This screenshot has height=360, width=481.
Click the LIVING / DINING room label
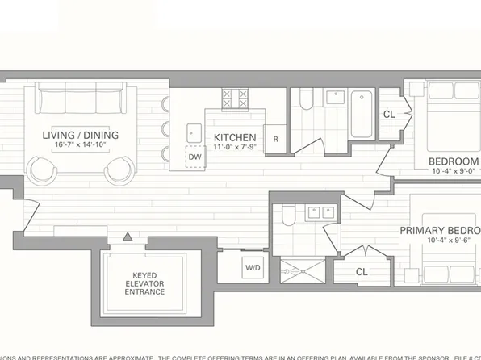86,134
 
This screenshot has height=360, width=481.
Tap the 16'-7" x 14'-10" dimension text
86,145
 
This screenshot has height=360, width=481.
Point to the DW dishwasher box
194,157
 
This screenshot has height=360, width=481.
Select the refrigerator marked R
275,139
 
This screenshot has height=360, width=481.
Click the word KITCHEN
235,138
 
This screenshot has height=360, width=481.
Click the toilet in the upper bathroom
306,101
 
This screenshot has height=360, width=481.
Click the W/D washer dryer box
253,266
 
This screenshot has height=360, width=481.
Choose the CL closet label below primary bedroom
362,271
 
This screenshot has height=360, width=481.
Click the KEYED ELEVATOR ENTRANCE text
145,283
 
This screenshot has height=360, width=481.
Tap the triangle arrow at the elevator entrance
128,237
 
